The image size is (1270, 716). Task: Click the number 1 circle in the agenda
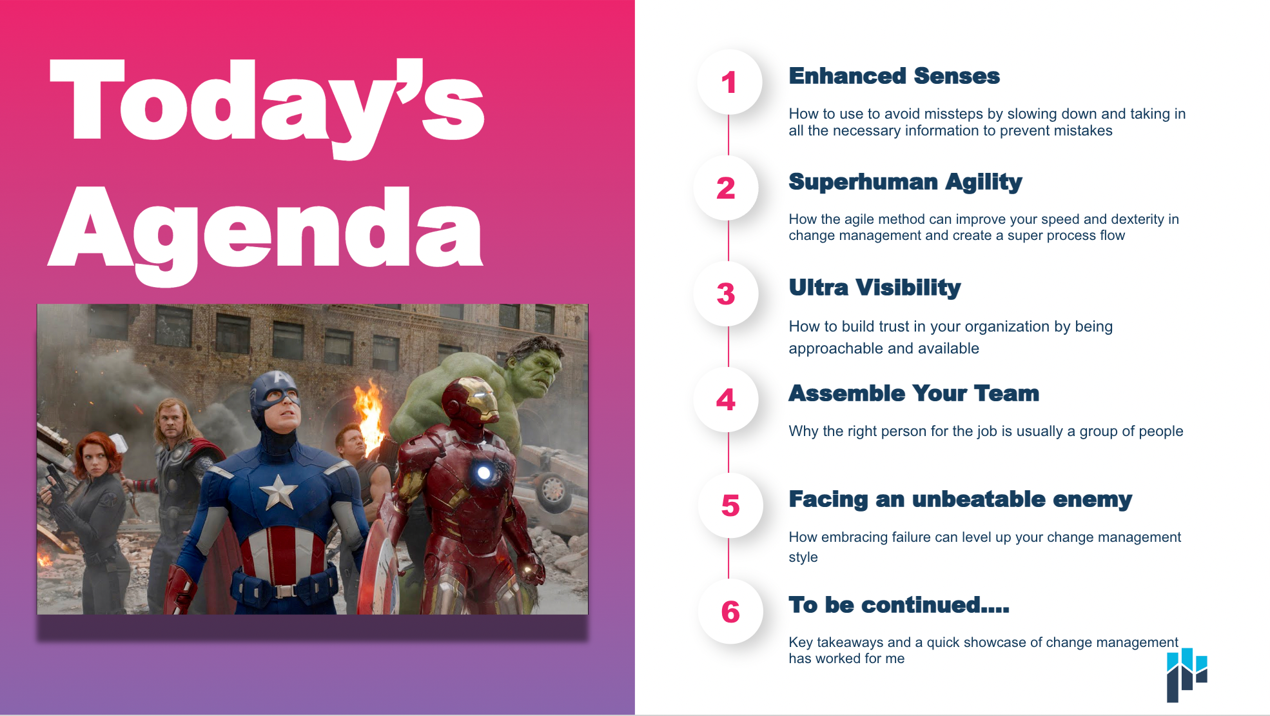coord(729,82)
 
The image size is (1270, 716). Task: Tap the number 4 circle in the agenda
coord(726,399)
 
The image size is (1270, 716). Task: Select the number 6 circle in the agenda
coord(730,611)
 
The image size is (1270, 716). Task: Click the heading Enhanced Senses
coord(894,76)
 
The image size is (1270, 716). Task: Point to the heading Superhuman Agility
coord(905,183)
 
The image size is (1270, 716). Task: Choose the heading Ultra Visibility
coord(875,288)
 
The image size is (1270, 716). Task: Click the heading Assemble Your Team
coord(914,393)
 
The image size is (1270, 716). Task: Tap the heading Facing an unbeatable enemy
coord(961,499)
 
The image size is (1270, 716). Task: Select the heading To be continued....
coord(899,605)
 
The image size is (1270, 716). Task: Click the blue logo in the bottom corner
coord(1187,675)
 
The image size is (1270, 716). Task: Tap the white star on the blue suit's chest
coord(278,492)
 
